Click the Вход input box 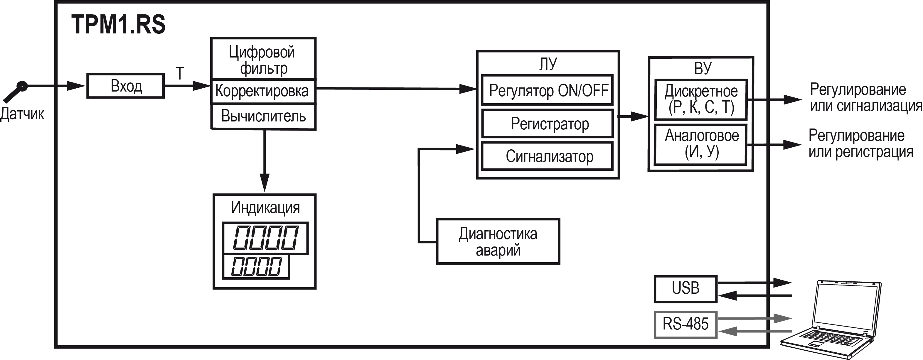[x=125, y=86]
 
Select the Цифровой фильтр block [x=263, y=59]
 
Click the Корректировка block [x=263, y=91]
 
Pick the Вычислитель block [x=263, y=116]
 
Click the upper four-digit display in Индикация [x=265, y=238]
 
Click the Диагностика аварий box [x=498, y=242]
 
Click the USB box [x=685, y=289]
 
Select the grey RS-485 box [x=685, y=324]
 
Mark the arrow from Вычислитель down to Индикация [x=265, y=161]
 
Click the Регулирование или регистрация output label [x=860, y=144]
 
